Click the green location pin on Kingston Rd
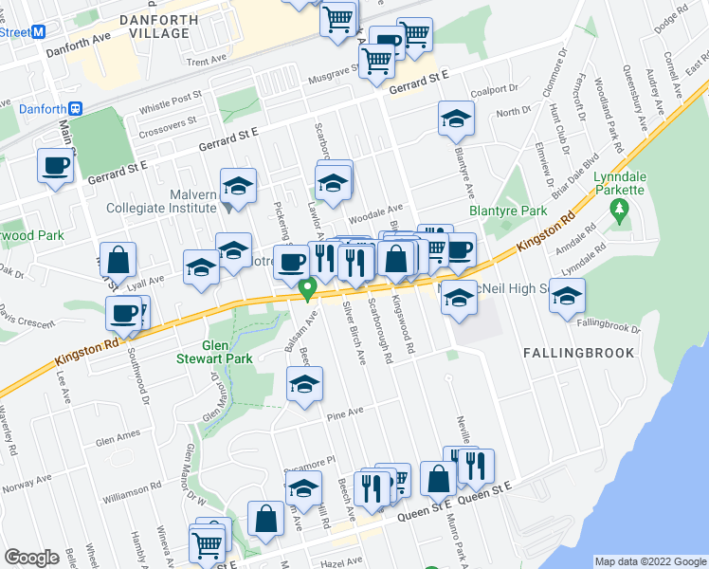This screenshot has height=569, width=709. click(x=307, y=286)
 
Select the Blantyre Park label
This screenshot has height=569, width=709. click(x=495, y=211)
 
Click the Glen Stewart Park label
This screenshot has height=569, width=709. click(x=201, y=353)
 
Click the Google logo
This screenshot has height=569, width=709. click(x=31, y=557)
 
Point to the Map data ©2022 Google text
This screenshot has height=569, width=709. click(x=649, y=561)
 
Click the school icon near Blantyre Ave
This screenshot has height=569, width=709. click(x=456, y=119)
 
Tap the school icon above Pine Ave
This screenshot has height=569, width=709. click(x=305, y=384)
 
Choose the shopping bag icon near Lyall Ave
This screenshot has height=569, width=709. click(x=118, y=259)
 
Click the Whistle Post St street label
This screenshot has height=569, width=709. click(x=170, y=101)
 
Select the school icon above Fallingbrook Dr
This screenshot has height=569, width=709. click(x=568, y=296)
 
